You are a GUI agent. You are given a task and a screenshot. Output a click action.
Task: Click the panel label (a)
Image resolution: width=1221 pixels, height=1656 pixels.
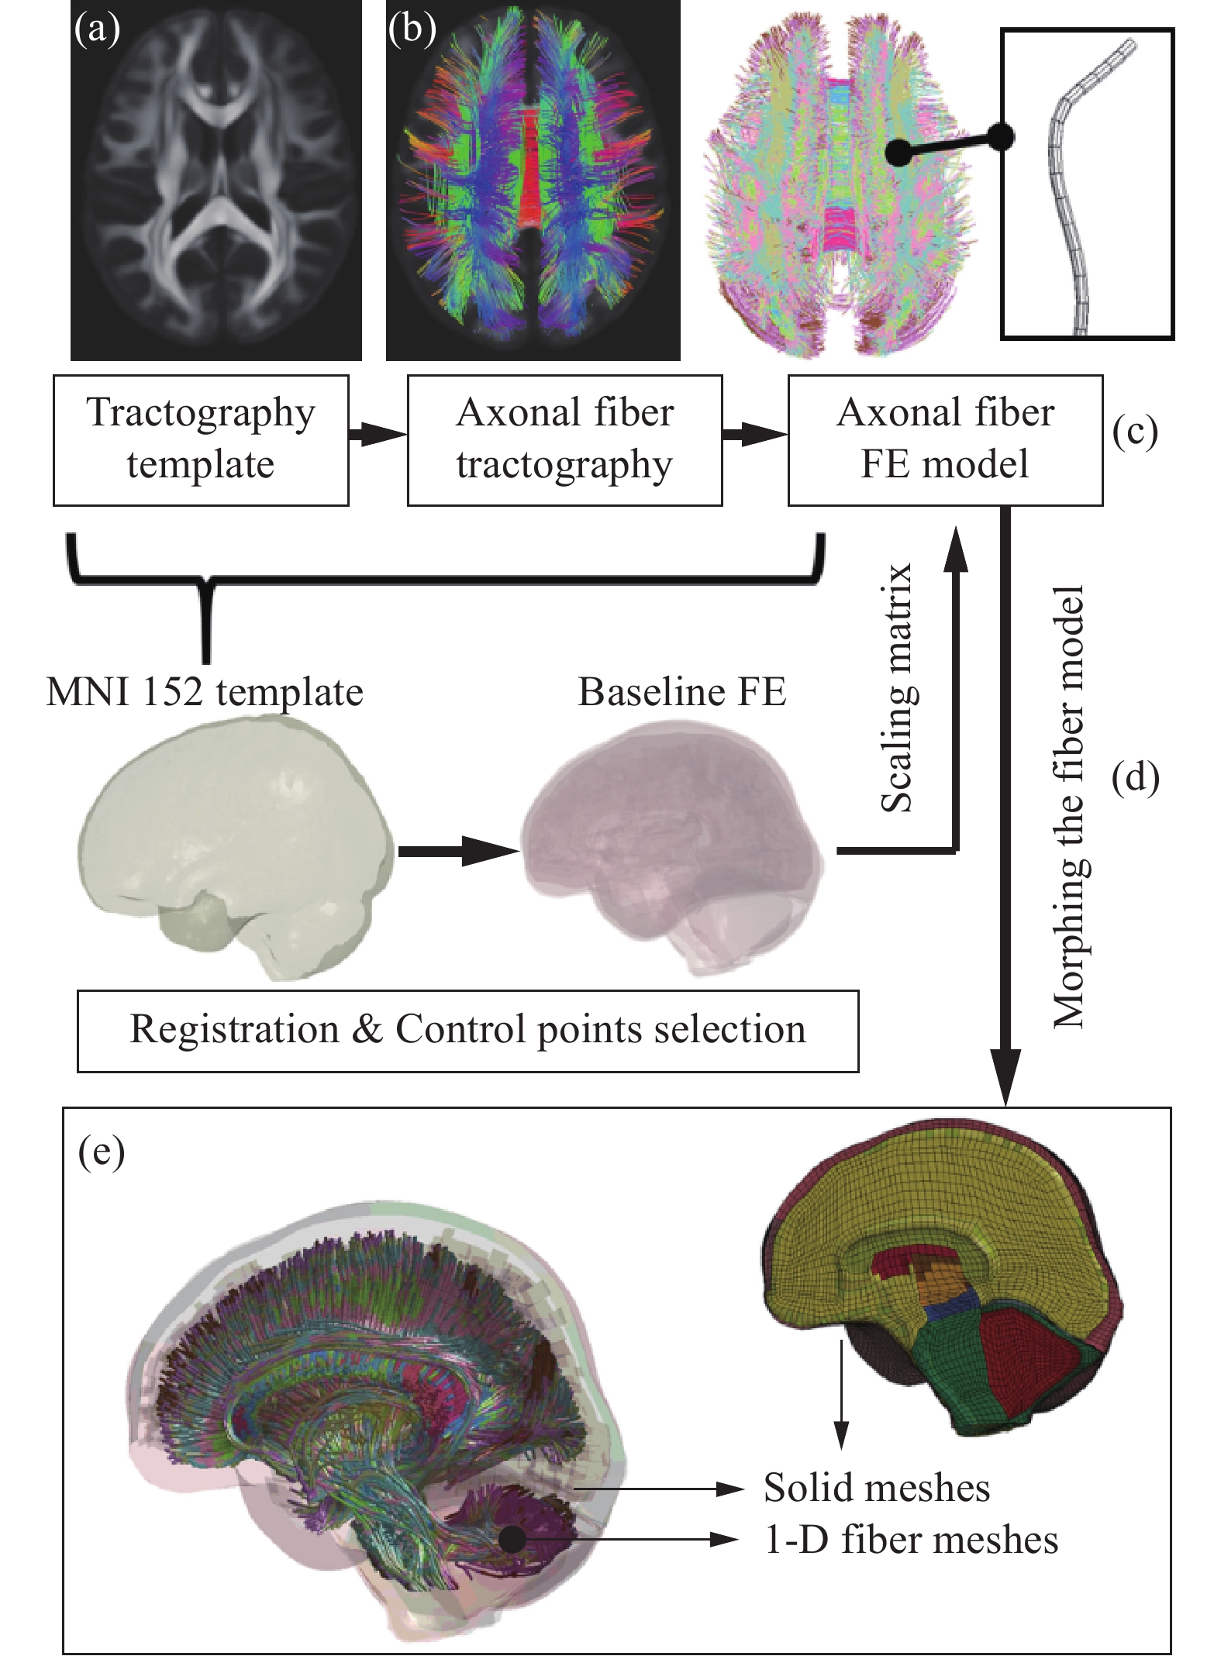coord(97,31)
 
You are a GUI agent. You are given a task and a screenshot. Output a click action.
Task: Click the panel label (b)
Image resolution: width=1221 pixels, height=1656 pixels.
coord(412,31)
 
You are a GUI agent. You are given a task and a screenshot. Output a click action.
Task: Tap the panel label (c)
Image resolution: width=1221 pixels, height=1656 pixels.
coord(1134,432)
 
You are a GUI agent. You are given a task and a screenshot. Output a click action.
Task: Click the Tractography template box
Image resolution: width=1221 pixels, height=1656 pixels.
coord(201,439)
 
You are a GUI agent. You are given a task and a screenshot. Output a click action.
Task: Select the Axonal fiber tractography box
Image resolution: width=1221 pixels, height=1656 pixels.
coord(564,439)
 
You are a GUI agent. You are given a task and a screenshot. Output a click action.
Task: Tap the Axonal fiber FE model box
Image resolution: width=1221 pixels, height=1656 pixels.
coord(945,439)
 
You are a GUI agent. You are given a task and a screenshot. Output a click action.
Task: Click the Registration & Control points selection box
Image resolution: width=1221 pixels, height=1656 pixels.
coord(467,1031)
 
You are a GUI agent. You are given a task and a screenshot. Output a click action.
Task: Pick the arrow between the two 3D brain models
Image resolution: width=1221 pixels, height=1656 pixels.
coord(457,851)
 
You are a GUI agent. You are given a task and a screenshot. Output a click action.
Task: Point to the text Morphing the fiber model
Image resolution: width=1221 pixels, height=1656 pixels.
coord(1069,806)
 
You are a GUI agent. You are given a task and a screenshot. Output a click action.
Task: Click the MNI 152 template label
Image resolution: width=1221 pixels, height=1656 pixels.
coord(205,692)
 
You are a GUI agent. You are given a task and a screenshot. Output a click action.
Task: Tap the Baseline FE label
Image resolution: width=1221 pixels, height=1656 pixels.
coord(682,692)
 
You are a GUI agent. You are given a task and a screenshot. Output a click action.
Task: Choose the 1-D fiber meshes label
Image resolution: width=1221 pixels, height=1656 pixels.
coord(911,1540)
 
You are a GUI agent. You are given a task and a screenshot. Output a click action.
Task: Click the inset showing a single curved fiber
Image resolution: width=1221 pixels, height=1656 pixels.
coord(1087,184)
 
